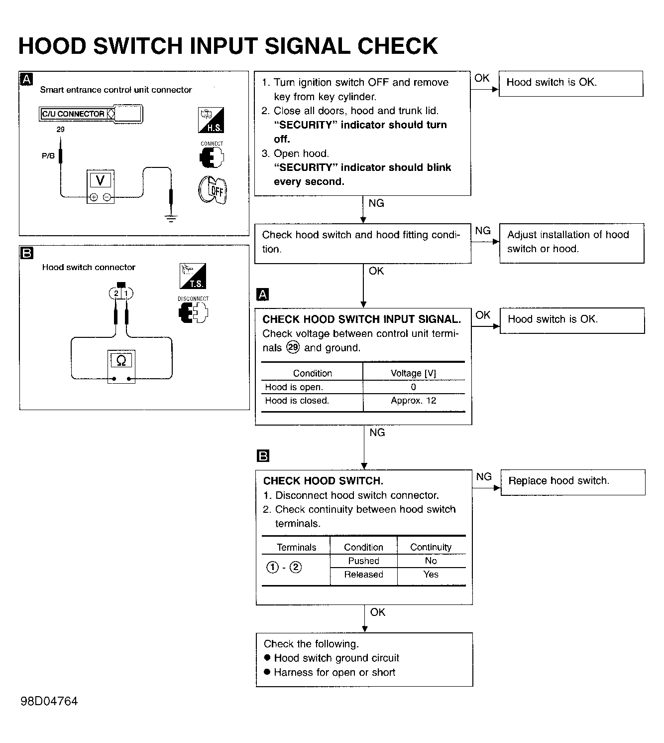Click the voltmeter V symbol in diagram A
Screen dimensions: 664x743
pos(100,180)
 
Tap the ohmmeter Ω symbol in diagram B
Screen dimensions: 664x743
pos(121,360)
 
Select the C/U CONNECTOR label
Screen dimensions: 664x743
pos(73,114)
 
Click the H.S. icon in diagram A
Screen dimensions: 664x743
pos(211,120)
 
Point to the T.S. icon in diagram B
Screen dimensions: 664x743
pos(193,276)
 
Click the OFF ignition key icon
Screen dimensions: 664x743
pos(213,190)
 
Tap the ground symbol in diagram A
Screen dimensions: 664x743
pos(171,218)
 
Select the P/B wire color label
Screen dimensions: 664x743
pos(48,156)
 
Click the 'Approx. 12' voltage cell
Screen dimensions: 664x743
pos(414,401)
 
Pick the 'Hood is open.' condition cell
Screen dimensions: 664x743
pos(294,387)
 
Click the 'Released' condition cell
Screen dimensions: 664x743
pos(364,574)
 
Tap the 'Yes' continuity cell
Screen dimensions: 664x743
pos(431,574)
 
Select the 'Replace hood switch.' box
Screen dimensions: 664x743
pos(573,482)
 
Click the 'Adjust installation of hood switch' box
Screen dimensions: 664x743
pos(572,243)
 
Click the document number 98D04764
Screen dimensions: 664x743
pos(49,701)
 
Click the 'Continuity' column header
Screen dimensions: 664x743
pos(431,547)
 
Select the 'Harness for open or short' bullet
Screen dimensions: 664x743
pos(330,672)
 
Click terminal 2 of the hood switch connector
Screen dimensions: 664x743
pos(116,293)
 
